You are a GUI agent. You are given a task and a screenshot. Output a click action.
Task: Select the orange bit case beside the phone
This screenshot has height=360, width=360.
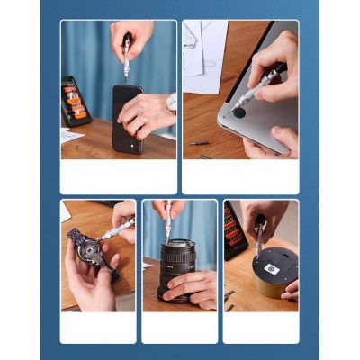point(76,101)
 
